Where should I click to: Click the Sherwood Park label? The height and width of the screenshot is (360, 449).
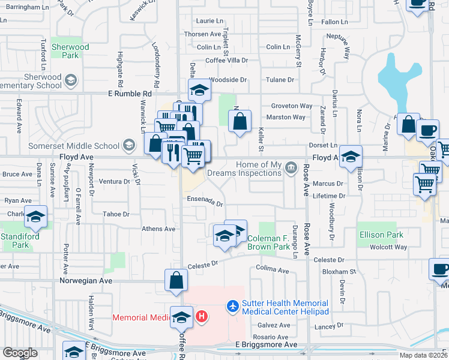point(70,51)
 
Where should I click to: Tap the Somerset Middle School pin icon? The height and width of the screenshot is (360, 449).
point(128,145)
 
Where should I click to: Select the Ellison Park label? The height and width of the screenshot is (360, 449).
point(381,235)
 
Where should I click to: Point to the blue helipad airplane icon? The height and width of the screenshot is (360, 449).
point(232,307)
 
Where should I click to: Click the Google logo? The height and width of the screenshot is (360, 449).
point(20,353)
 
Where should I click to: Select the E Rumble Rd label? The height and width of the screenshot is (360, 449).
point(130,94)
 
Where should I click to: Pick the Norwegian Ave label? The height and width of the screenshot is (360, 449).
point(86,280)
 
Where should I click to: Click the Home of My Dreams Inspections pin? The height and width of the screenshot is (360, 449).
point(291,166)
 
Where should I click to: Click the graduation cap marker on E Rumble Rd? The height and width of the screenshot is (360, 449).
point(199,91)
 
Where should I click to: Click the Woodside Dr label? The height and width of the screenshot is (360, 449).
point(228,79)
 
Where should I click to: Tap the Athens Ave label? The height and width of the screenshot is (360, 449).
point(158,229)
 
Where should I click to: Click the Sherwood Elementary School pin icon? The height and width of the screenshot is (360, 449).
point(71,80)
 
